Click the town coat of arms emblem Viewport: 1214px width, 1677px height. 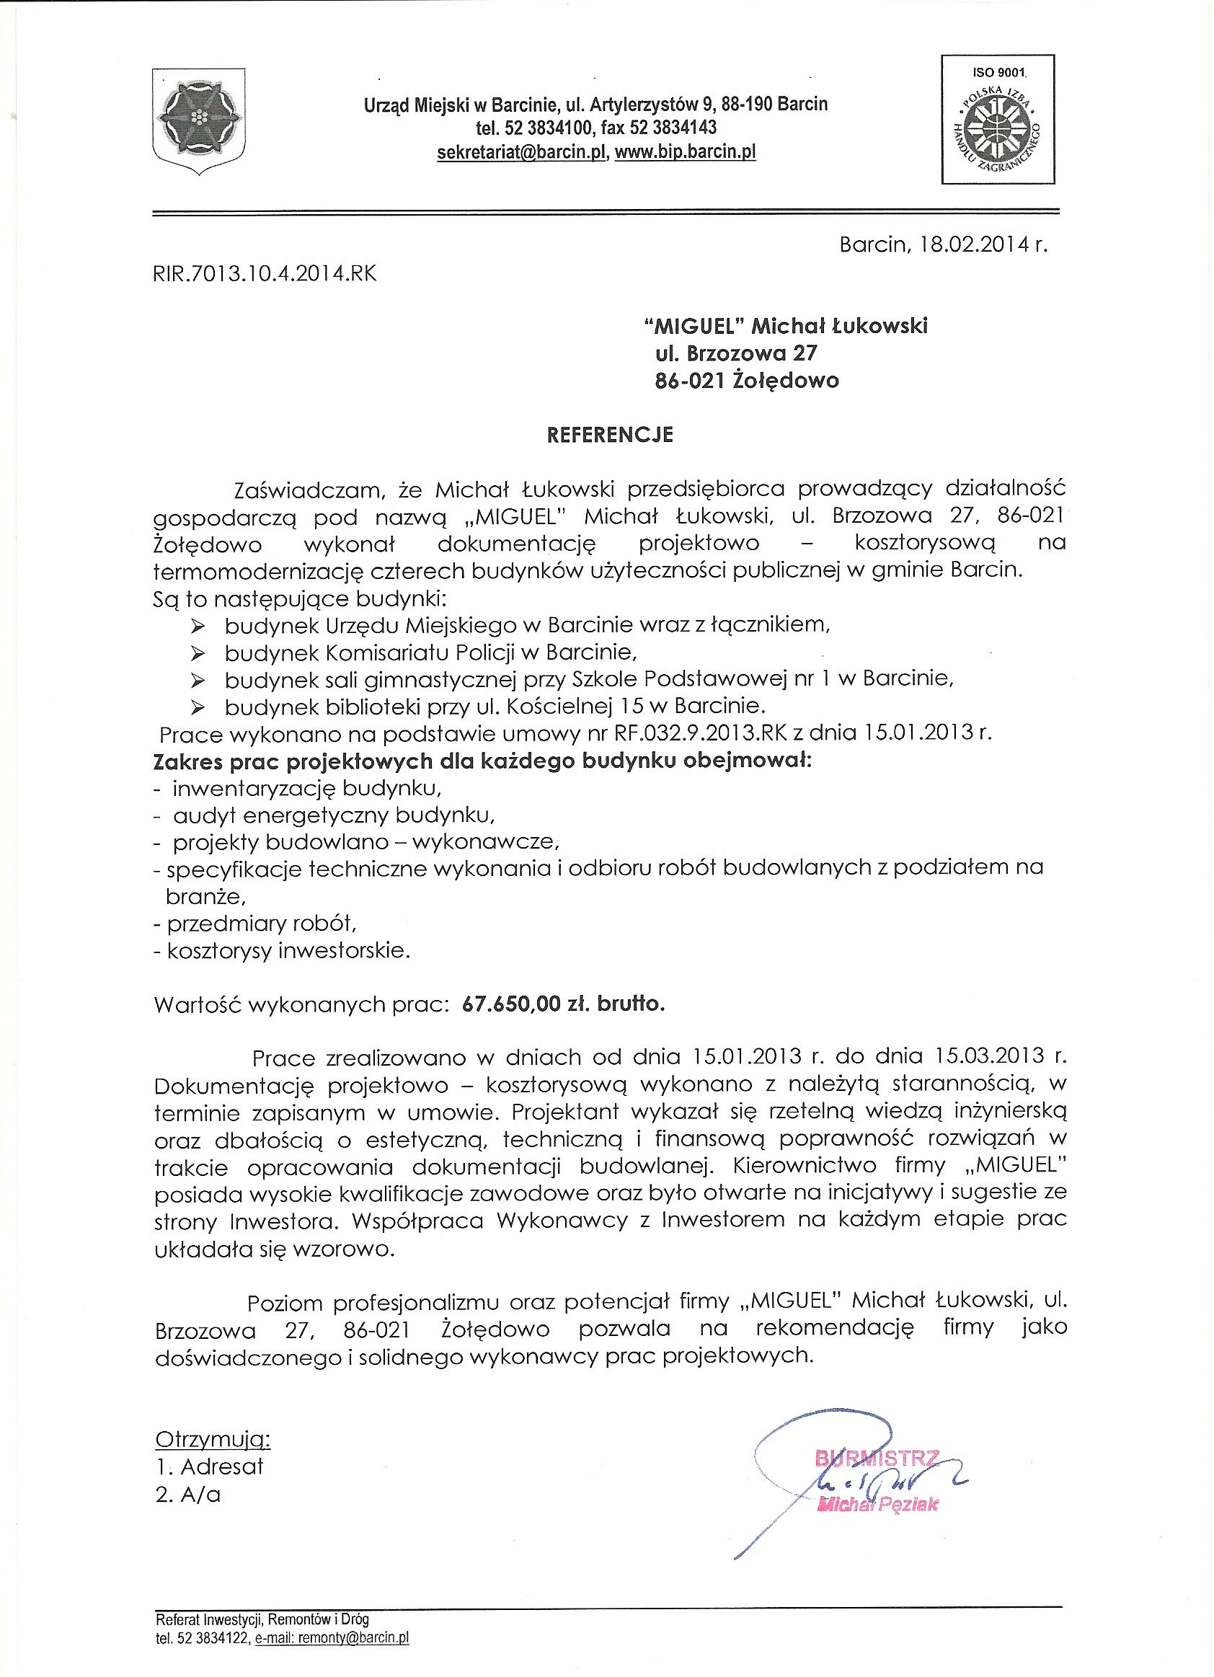click(x=198, y=120)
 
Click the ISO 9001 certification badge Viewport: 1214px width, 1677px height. click(x=998, y=119)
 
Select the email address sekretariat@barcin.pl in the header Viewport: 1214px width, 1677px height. click(x=521, y=152)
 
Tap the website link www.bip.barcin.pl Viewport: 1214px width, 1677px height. click(x=686, y=152)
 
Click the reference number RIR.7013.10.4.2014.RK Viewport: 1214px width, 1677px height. click(x=265, y=274)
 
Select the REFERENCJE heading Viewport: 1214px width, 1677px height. click(x=610, y=435)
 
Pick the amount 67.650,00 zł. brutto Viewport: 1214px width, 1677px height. click(x=563, y=1004)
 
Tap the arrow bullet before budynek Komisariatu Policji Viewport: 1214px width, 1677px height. click(x=198, y=653)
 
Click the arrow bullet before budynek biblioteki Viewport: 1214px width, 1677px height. click(x=198, y=707)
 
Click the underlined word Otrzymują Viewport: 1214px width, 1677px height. click(x=213, y=1440)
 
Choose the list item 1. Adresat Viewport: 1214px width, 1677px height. click(x=209, y=1467)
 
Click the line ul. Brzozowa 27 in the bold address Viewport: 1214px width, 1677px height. click(x=736, y=353)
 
